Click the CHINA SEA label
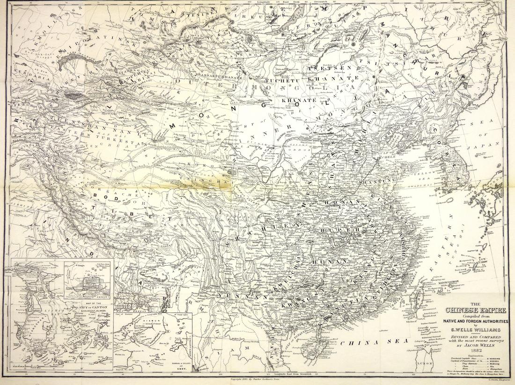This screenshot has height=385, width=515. [370, 342]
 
